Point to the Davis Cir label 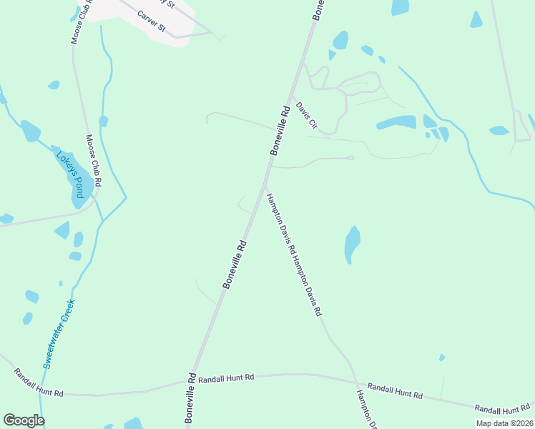click(x=307, y=114)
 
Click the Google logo click(x=24, y=420)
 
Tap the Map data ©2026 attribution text click(x=504, y=423)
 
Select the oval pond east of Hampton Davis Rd click(x=352, y=244)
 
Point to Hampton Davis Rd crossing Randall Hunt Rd click(x=355, y=380)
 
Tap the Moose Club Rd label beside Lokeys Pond click(x=93, y=162)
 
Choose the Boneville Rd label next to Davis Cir click(x=280, y=131)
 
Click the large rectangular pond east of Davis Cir click(x=396, y=122)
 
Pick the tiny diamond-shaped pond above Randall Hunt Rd click(x=442, y=357)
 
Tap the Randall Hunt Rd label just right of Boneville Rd click(x=227, y=378)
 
